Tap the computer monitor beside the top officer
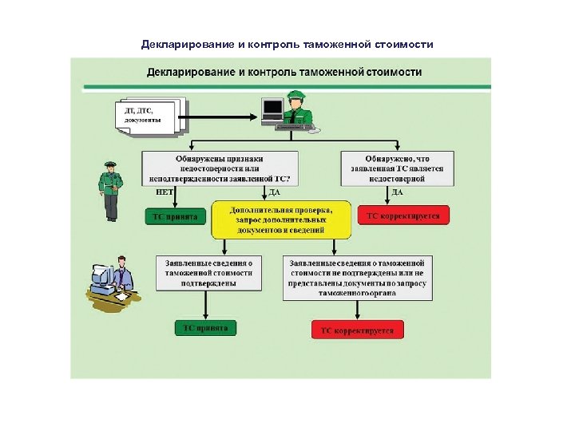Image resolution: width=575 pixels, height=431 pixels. click(273, 109)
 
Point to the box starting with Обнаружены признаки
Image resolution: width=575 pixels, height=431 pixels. click(220, 168)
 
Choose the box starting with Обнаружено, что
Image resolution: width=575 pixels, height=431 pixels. click(396, 168)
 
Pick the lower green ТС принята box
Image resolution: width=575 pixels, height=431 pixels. click(206, 328)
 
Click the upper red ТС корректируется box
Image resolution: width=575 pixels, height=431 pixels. click(403, 215)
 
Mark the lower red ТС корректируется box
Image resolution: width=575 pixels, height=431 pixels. click(357, 330)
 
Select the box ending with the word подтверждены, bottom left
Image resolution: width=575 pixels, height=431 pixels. click(208, 272)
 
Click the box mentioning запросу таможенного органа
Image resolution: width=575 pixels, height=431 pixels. click(357, 277)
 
